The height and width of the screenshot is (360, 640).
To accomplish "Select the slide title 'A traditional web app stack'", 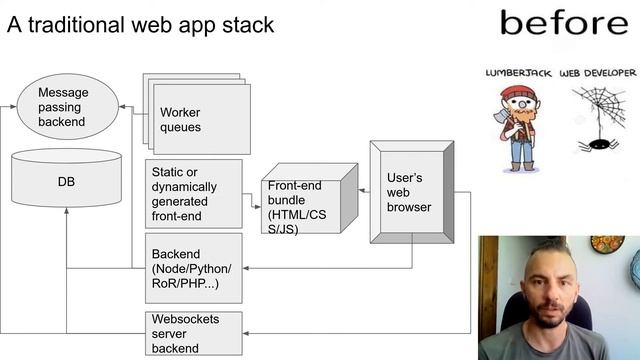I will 140,25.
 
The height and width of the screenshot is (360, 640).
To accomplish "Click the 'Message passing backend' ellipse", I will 67,106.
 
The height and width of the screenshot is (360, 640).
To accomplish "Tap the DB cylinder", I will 66,182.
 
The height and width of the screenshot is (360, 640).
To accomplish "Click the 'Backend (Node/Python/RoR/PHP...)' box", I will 193,268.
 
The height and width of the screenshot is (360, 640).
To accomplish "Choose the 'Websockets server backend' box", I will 193,333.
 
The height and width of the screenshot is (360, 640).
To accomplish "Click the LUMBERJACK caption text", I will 518,74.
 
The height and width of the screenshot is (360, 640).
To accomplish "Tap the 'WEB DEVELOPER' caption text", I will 597,74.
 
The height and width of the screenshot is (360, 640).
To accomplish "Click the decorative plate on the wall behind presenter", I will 607,244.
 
